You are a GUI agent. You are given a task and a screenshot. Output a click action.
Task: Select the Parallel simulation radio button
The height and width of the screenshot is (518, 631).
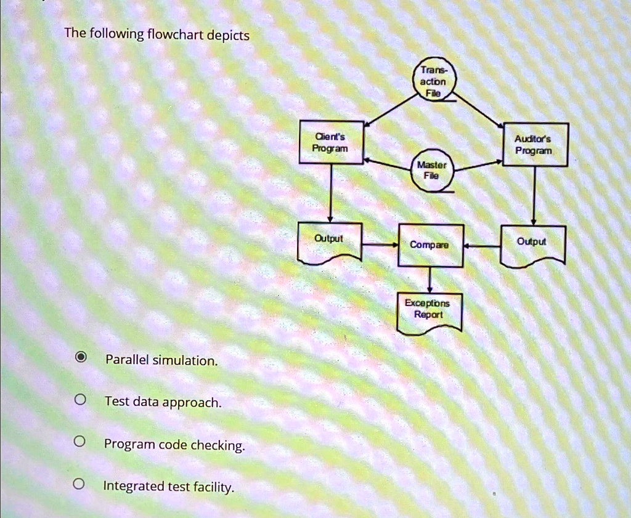pos(81,357)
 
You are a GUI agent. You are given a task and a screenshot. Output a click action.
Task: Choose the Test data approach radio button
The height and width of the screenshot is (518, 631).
pos(80,399)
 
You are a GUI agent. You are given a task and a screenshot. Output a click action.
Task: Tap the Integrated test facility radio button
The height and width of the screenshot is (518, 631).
pos(79,484)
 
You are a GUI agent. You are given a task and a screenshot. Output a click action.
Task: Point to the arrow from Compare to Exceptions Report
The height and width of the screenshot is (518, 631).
pos(429,280)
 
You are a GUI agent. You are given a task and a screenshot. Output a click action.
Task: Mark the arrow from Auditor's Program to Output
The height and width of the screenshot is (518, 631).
pos(534,196)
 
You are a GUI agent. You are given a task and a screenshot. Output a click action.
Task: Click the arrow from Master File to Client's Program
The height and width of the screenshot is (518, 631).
pos(388,165)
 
